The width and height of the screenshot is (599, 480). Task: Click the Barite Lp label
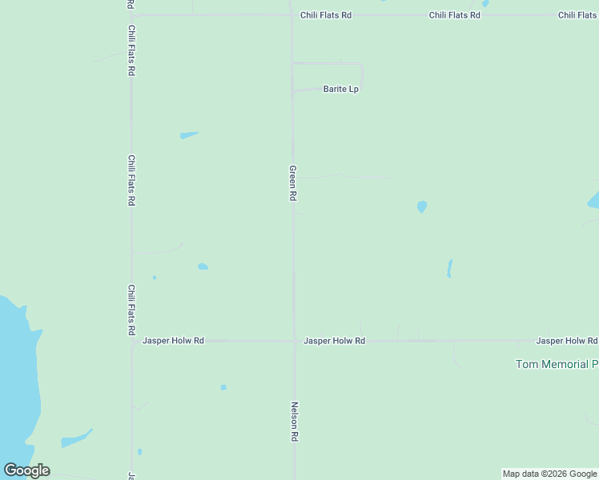point(340,89)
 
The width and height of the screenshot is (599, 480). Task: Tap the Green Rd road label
point(293,183)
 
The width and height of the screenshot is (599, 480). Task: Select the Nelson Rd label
point(295,422)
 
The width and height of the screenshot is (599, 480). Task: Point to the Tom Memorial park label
point(557,364)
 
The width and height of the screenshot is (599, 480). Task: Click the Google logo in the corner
point(26,470)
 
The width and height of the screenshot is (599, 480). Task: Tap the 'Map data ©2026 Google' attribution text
point(549,474)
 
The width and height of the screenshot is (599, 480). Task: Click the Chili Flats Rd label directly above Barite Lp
point(325,15)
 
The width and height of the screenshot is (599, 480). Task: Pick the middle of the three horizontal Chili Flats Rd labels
point(454,15)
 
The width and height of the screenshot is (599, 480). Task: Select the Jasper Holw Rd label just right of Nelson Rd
point(334,341)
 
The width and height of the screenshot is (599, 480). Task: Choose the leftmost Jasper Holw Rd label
point(173,341)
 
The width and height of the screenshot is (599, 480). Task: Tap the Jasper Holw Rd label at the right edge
point(566,341)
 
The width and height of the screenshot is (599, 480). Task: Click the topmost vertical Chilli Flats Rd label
point(131,50)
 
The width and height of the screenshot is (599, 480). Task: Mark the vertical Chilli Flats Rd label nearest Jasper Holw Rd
point(131,310)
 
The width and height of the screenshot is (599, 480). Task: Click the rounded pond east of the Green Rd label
point(422,206)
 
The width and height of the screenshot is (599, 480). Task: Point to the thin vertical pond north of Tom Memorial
point(449,268)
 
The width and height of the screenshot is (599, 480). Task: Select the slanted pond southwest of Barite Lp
point(189,135)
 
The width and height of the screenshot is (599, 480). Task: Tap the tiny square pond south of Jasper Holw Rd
point(223,387)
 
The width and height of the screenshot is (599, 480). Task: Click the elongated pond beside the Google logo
point(76,439)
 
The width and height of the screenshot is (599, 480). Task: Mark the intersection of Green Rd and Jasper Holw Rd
point(294,341)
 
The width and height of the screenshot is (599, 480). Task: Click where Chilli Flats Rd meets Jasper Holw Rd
point(132,341)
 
